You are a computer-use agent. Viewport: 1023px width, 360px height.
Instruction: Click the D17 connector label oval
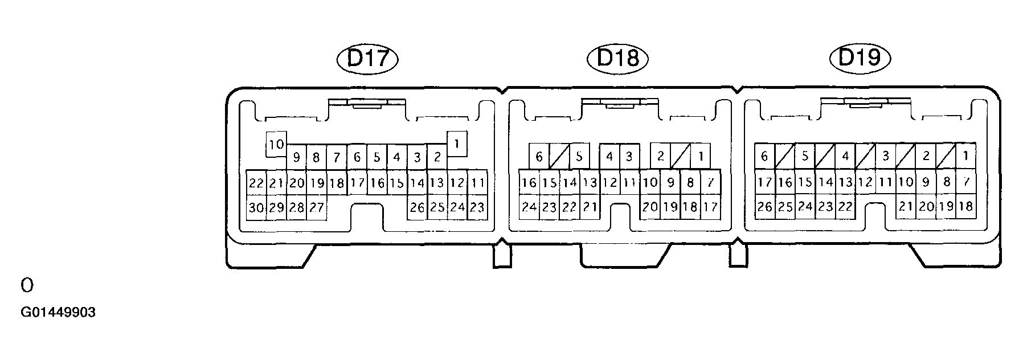click(367, 59)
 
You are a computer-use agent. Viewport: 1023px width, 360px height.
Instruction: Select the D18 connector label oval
click(617, 59)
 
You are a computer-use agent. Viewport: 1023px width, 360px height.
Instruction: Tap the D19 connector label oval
click(860, 58)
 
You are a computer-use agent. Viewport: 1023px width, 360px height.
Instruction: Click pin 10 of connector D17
click(276, 145)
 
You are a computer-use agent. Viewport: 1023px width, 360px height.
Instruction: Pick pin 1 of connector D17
click(457, 144)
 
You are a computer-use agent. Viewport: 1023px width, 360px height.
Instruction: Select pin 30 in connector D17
click(256, 207)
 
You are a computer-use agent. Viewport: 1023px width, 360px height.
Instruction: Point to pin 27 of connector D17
click(317, 207)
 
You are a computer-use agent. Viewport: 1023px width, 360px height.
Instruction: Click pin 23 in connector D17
click(477, 207)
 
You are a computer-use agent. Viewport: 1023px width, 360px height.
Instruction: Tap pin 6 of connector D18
click(539, 156)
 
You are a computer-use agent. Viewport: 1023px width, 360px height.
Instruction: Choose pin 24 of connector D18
click(529, 207)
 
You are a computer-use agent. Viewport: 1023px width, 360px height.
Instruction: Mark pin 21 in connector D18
click(590, 207)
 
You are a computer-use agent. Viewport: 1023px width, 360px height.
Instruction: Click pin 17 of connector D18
click(710, 207)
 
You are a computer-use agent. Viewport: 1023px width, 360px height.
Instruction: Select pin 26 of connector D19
click(765, 207)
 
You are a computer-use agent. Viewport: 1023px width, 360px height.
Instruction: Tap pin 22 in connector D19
click(845, 207)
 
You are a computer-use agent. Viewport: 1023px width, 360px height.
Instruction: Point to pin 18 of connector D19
click(965, 206)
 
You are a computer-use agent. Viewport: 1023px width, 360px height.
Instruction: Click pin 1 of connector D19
click(965, 156)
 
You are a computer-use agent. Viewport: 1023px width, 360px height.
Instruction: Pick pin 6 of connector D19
click(765, 156)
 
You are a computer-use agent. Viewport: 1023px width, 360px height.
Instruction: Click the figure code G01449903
click(58, 313)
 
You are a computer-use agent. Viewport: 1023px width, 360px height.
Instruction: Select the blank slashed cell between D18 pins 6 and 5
click(559, 156)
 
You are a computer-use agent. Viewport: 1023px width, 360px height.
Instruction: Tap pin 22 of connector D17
click(256, 183)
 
